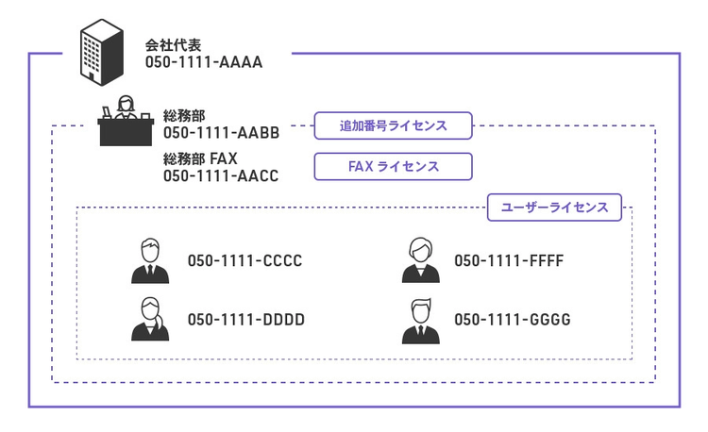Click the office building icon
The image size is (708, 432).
(x=102, y=52)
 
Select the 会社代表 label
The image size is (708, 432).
(x=173, y=45)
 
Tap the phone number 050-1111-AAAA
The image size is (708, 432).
(x=204, y=62)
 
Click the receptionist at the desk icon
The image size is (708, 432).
(x=126, y=121)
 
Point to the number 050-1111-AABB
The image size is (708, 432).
(x=221, y=133)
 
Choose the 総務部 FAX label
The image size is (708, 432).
(x=200, y=158)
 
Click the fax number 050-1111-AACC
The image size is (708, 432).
(x=221, y=175)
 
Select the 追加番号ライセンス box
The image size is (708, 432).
(x=394, y=125)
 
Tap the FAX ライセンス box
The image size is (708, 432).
(x=394, y=167)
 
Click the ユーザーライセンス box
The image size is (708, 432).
(x=554, y=208)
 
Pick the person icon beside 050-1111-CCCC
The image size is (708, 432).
(x=150, y=260)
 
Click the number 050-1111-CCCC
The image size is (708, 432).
(x=244, y=260)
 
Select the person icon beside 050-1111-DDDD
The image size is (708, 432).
(x=150, y=319)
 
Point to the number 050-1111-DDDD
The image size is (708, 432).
(x=246, y=320)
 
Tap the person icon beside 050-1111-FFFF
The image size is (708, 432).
(x=420, y=260)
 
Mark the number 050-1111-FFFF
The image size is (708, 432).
(x=509, y=260)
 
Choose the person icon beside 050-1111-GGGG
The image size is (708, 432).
(x=420, y=321)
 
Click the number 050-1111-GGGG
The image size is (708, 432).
(x=513, y=320)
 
